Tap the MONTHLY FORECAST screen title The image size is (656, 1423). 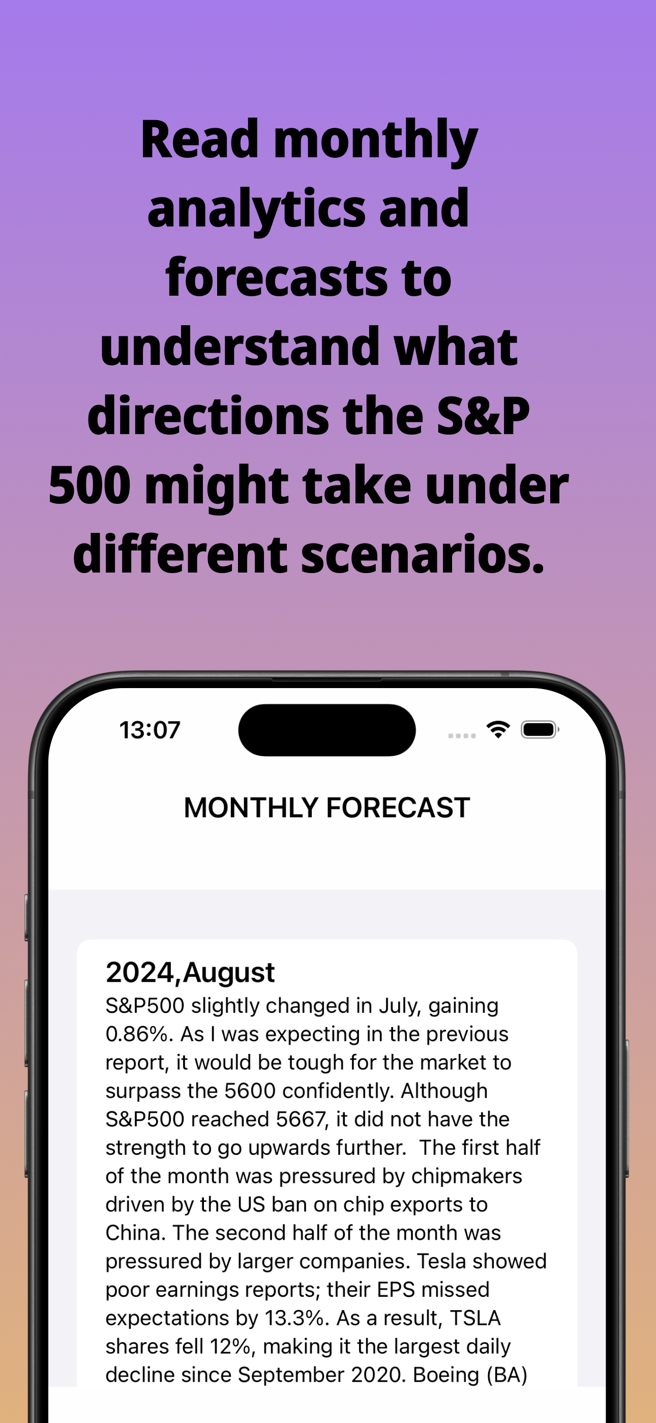[327, 808]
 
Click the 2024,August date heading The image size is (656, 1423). [190, 972]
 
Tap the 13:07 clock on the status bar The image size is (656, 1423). [150, 730]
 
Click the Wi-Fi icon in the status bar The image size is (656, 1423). [498, 729]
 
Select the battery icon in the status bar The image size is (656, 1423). [540, 730]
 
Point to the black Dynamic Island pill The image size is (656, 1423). [327, 730]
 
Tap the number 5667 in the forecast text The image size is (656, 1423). [302, 1119]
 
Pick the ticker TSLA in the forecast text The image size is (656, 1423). [475, 1318]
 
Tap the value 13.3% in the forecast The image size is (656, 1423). [294, 1318]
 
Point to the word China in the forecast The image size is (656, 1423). [133, 1233]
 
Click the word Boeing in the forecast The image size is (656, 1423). [446, 1376]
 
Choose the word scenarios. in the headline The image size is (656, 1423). [423, 554]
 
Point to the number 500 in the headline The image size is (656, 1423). [90, 485]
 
